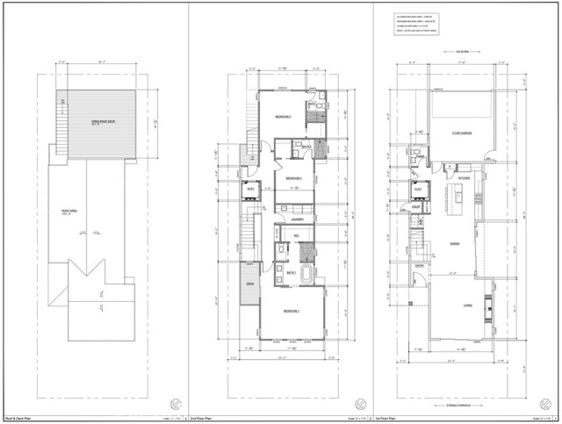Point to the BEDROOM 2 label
click(x=294, y=176)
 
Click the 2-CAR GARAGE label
click(x=464, y=133)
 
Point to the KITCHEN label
click(x=465, y=178)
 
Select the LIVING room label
click(x=458, y=305)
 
